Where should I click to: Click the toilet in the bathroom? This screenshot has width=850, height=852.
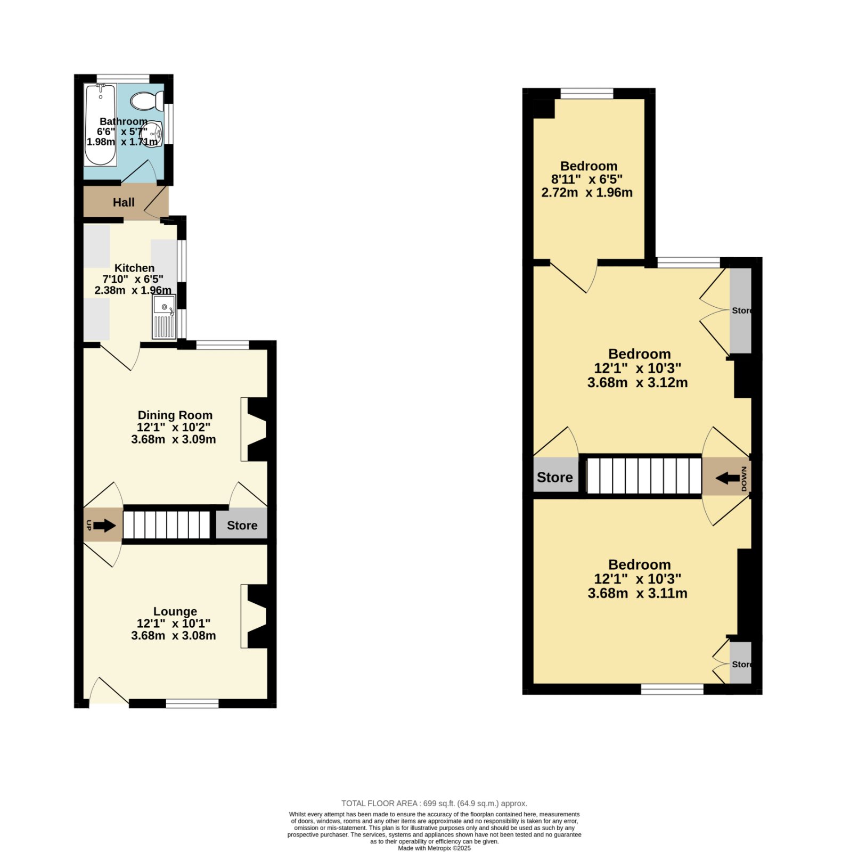point(147,100)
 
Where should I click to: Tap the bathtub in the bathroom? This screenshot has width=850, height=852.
point(101,125)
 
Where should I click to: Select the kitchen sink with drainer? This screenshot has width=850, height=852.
point(164,317)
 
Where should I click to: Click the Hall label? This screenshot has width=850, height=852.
point(124,202)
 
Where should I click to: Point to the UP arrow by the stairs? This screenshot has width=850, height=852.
point(104,526)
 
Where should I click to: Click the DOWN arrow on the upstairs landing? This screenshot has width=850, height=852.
point(727,478)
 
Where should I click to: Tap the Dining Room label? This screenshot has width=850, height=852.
point(175,415)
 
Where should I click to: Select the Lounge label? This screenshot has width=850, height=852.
point(175,611)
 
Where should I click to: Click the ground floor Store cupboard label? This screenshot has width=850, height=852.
point(242,526)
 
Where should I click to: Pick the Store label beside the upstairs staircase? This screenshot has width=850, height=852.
point(555,477)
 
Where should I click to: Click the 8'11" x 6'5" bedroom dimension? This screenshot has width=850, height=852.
point(587,179)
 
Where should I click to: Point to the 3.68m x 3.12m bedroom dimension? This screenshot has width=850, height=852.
point(638,382)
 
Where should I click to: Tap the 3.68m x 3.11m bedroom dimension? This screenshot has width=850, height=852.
point(638,593)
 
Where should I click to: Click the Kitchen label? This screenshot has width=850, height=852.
point(135,268)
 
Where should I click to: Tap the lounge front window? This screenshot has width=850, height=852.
point(192,703)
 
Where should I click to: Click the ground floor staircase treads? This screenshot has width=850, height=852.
point(167,525)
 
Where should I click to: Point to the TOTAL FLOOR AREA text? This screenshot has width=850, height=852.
point(435,804)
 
